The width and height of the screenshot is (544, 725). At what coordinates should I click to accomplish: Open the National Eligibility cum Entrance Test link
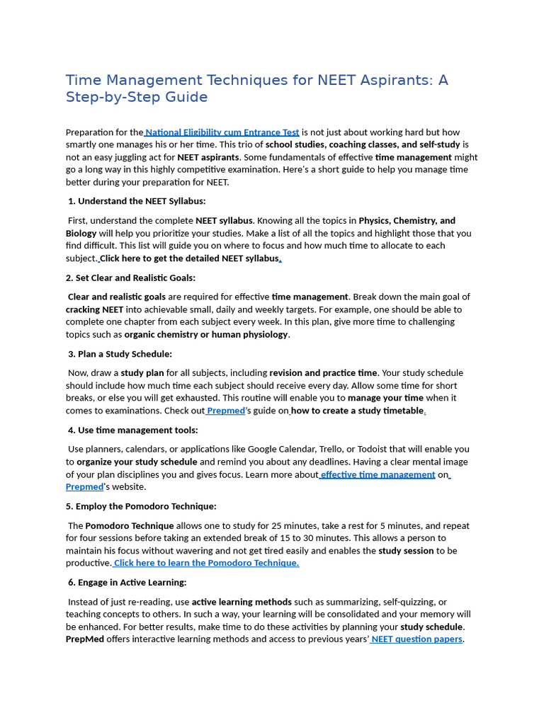(x=222, y=132)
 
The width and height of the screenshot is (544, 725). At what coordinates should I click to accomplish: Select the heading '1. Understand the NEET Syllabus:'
(x=137, y=201)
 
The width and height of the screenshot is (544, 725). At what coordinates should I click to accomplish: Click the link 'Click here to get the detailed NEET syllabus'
(x=190, y=258)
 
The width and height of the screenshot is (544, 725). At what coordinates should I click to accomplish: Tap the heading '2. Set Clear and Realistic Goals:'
(x=130, y=278)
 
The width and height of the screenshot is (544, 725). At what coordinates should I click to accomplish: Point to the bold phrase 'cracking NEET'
(x=95, y=309)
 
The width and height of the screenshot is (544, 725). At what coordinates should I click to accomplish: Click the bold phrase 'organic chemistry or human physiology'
(x=206, y=334)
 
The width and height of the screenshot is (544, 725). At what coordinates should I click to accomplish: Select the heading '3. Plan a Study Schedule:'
(x=120, y=354)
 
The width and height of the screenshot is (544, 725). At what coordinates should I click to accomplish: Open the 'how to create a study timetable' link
(x=357, y=411)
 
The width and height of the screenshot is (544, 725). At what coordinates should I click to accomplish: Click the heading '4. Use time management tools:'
(x=132, y=430)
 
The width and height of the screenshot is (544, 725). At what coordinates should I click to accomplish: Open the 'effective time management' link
(x=378, y=474)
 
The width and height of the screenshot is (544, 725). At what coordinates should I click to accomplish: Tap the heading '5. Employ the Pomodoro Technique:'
(x=141, y=506)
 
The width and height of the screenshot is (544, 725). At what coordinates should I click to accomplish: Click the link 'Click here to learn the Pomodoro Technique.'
(x=206, y=563)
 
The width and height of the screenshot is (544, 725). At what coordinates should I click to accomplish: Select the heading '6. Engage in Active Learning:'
(x=127, y=582)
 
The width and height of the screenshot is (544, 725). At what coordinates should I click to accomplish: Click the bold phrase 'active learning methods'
(x=241, y=602)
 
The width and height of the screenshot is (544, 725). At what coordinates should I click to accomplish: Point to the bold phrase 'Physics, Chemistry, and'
(x=407, y=221)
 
